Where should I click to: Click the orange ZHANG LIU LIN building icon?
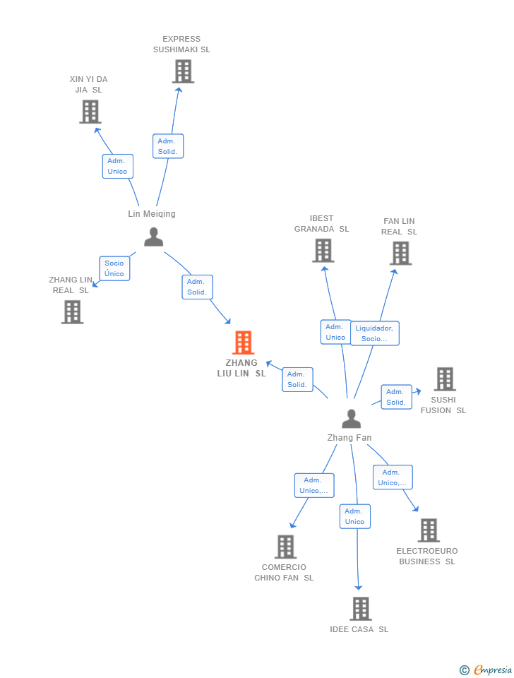(243, 343)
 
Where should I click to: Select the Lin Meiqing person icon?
(153, 237)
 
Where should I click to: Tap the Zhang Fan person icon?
(351, 419)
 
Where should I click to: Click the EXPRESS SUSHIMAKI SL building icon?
(183, 71)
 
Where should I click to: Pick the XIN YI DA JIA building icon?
(90, 112)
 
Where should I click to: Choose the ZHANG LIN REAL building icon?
(72, 312)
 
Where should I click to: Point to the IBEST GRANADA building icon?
(323, 251)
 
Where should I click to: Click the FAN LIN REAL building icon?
(400, 253)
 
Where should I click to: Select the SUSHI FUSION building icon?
(445, 379)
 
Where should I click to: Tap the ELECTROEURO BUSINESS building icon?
(429, 530)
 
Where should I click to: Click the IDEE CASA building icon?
(361, 609)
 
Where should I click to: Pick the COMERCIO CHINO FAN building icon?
(285, 547)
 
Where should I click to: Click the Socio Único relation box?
(114, 268)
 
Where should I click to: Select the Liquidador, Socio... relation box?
(374, 333)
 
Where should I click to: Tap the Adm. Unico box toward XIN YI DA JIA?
(117, 166)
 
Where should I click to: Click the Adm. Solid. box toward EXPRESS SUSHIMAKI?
(167, 146)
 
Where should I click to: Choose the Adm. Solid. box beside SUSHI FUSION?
(395, 397)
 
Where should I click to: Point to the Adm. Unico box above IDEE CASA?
(354, 516)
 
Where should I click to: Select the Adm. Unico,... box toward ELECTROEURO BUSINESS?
(392, 477)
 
